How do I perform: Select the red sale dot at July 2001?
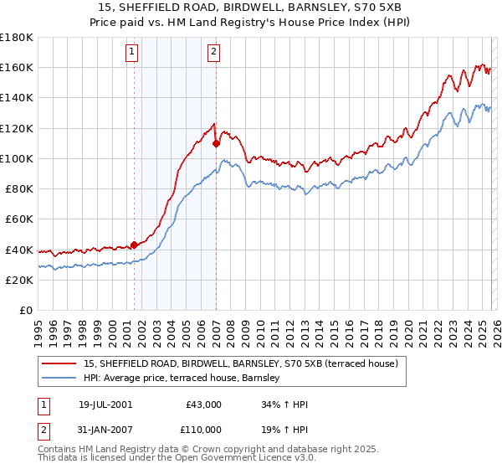[135, 245]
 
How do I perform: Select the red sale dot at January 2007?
[217, 143]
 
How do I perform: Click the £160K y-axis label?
[17, 67]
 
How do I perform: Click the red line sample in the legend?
[59, 363]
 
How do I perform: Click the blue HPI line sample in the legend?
[59, 378]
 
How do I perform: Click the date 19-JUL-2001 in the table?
[105, 405]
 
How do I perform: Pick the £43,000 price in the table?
[202, 405]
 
